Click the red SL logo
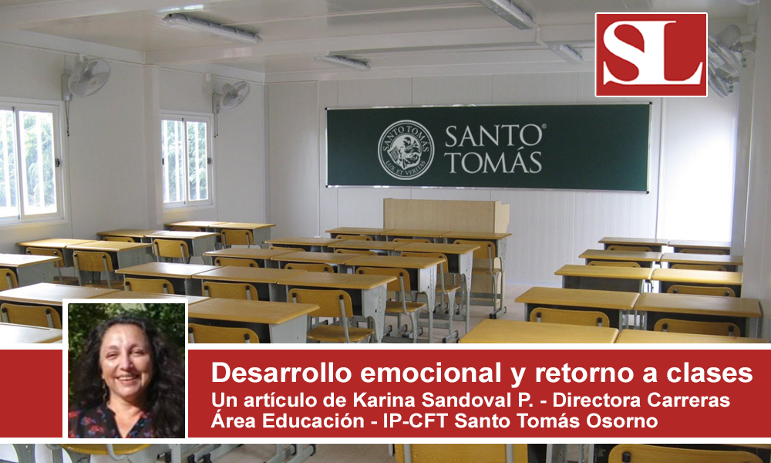(651, 55)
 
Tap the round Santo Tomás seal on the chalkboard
(406, 150)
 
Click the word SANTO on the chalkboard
(494, 136)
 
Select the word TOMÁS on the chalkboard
(493, 162)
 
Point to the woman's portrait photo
(126, 370)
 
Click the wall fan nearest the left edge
(86, 77)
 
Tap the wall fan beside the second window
(231, 95)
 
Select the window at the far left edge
(31, 162)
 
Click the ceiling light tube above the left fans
(212, 28)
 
